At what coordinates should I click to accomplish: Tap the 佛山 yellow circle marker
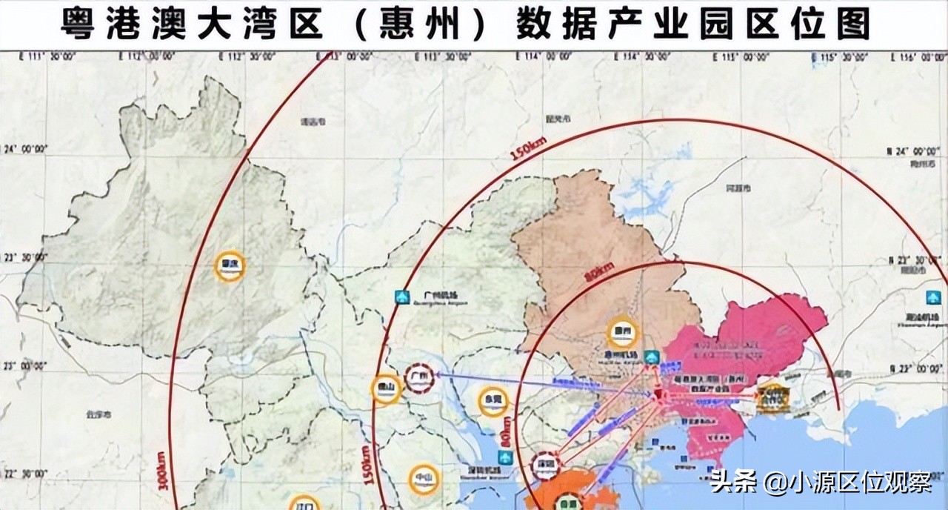(386, 388)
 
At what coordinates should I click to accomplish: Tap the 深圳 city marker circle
(547, 465)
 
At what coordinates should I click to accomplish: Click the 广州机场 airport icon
(402, 297)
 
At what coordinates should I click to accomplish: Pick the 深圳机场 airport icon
(506, 457)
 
